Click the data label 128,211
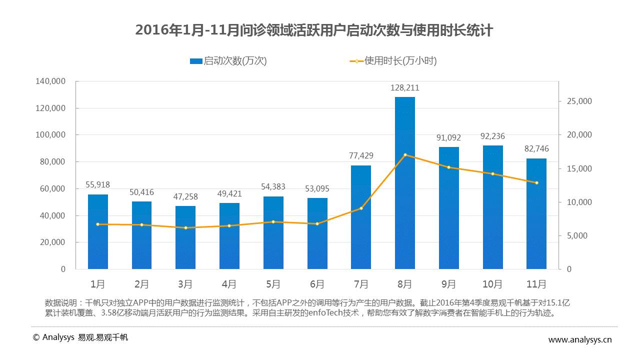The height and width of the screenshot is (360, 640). [404, 88]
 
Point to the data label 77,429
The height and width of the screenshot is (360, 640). [361, 156]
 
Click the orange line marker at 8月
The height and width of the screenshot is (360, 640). [405, 155]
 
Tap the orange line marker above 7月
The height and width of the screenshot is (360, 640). [361, 208]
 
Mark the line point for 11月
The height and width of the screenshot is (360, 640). [536, 183]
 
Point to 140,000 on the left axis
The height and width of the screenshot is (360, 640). [50, 81]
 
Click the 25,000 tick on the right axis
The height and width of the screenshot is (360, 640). [579, 101]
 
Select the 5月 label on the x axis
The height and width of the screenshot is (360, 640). [273, 284]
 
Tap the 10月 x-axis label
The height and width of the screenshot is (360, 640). [492, 284]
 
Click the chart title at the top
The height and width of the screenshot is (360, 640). [314, 30]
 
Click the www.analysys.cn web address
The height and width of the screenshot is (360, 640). [580, 340]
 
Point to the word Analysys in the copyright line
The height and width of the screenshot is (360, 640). [58, 337]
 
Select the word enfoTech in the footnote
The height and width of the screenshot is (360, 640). [305, 313]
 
